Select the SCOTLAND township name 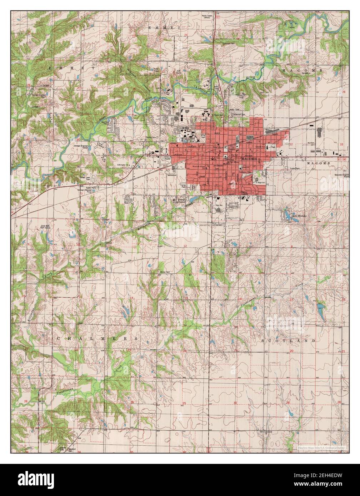pos(289,341)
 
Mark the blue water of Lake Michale pos(287,215)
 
